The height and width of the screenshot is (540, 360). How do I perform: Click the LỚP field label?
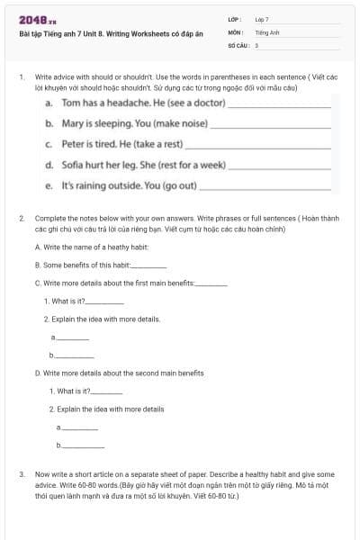pyautogui.click(x=235, y=19)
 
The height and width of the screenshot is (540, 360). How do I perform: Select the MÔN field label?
pyautogui.click(x=235, y=31)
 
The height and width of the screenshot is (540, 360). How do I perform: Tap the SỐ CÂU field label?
pyautogui.click(x=238, y=44)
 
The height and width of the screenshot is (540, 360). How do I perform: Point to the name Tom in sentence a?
pyautogui.click(x=72, y=103)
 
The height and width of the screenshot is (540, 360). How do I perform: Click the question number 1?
pyautogui.click(x=21, y=78)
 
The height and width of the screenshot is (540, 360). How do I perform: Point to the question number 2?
pyautogui.click(x=21, y=219)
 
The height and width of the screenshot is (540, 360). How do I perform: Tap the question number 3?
pyautogui.click(x=21, y=473)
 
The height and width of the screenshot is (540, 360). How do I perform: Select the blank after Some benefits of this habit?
pyautogui.click(x=149, y=265)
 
